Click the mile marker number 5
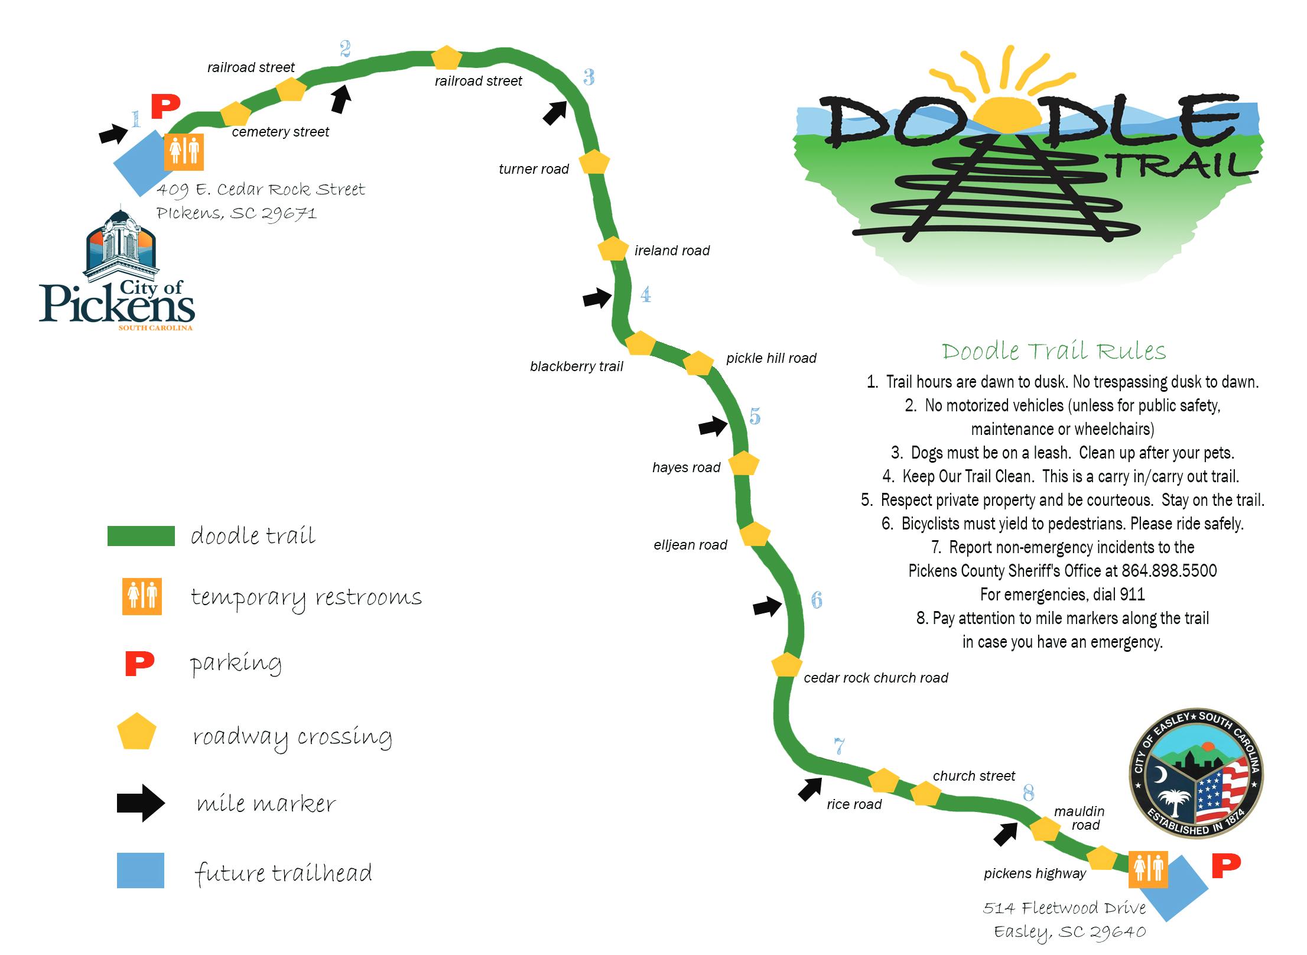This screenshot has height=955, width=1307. point(755,417)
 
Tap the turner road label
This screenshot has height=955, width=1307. point(534,169)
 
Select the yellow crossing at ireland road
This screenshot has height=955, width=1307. point(613,249)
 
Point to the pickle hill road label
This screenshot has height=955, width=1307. point(771,358)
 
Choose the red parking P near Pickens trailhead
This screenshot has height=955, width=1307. point(165,106)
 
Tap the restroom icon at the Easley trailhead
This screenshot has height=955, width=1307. point(1147,869)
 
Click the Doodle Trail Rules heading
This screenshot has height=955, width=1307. point(1054,351)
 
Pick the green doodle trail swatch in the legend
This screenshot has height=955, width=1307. point(141,535)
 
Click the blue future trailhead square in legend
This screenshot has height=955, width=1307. point(141,870)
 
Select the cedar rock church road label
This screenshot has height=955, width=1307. point(876,678)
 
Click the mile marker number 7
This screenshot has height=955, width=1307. point(839,746)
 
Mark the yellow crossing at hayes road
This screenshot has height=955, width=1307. point(743,464)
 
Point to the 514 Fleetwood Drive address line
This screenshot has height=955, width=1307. point(1064,908)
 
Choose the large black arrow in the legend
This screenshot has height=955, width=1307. point(141,803)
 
